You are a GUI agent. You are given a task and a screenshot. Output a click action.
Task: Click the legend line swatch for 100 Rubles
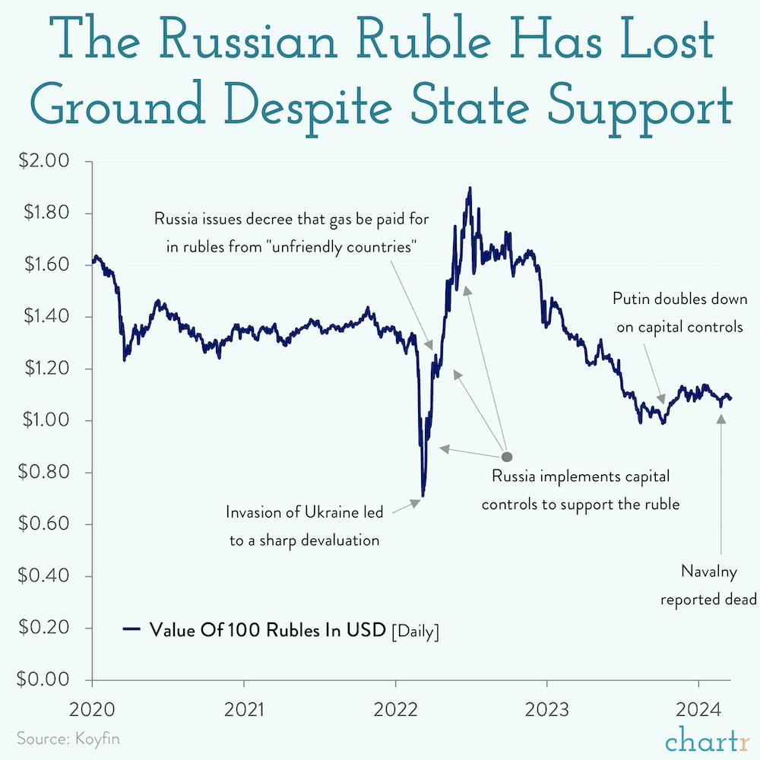(132, 629)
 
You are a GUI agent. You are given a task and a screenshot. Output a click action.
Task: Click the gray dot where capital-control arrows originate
(507, 457)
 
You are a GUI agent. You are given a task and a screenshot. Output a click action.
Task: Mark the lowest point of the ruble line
(423, 496)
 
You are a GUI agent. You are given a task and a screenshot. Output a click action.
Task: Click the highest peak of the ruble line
(470, 188)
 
